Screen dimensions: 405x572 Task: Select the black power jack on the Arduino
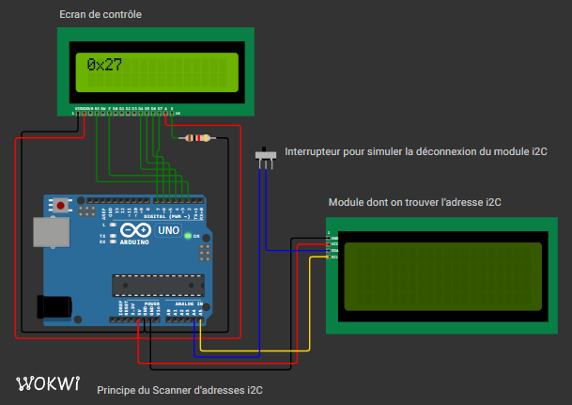(54, 306)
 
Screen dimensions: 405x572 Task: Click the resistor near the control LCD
(195, 138)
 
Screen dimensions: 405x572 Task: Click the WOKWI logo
(48, 383)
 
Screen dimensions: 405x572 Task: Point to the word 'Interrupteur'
(314, 151)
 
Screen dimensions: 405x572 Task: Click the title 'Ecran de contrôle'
(100, 16)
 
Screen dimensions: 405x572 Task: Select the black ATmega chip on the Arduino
(157, 283)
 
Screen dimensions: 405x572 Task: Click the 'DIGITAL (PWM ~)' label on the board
(170, 215)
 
